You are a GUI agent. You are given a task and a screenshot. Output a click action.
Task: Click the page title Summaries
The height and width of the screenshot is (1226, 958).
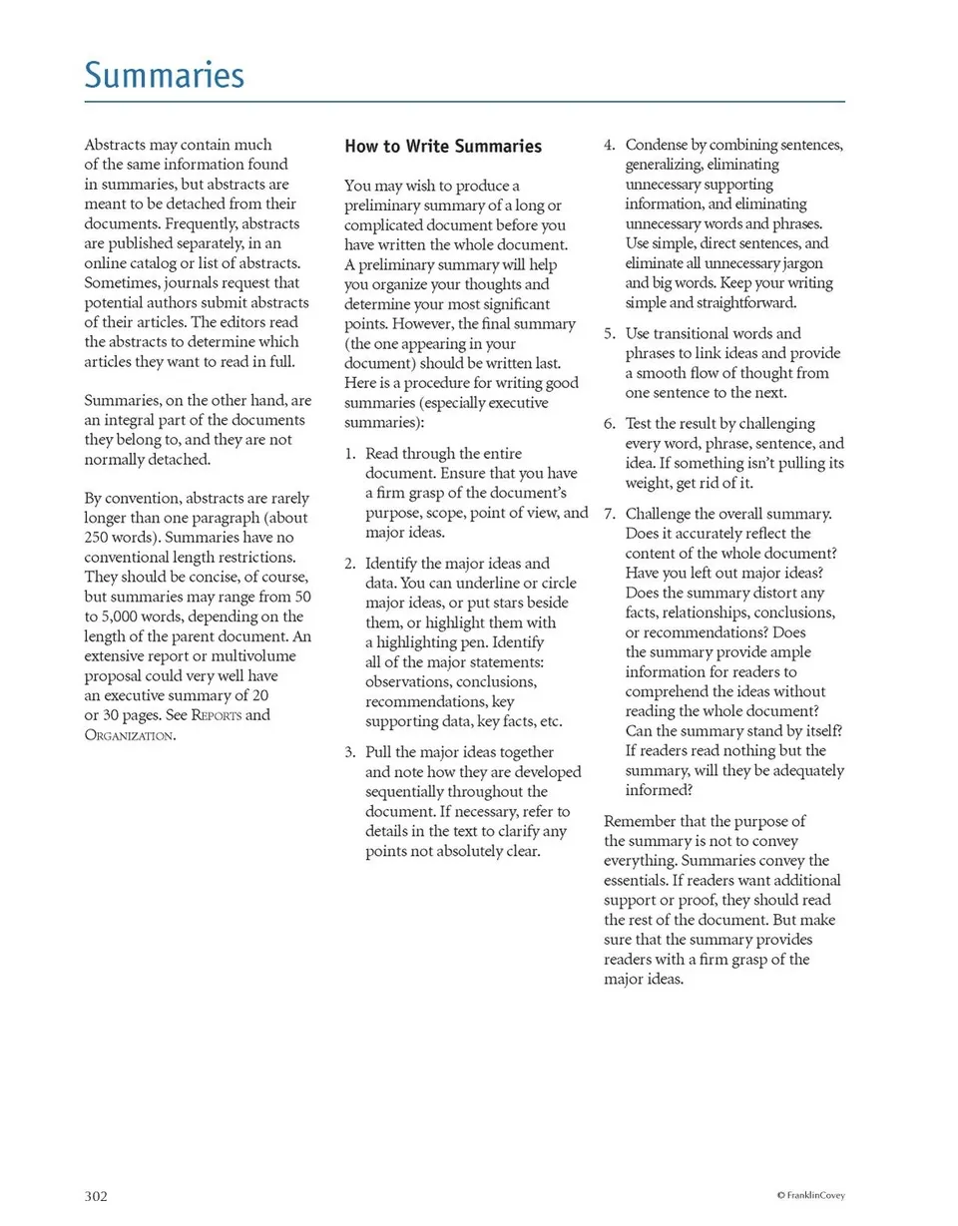[164, 75]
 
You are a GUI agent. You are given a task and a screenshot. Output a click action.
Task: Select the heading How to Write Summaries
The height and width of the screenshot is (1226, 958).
[443, 147]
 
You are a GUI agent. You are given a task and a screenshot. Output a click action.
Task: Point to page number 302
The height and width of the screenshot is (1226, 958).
[96, 1195]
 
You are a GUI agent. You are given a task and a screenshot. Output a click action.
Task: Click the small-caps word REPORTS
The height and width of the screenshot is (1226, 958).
[217, 715]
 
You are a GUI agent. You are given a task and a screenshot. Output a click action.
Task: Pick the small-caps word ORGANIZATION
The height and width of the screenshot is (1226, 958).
[129, 735]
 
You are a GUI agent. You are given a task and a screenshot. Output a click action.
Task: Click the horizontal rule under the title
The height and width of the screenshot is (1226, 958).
[464, 101]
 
